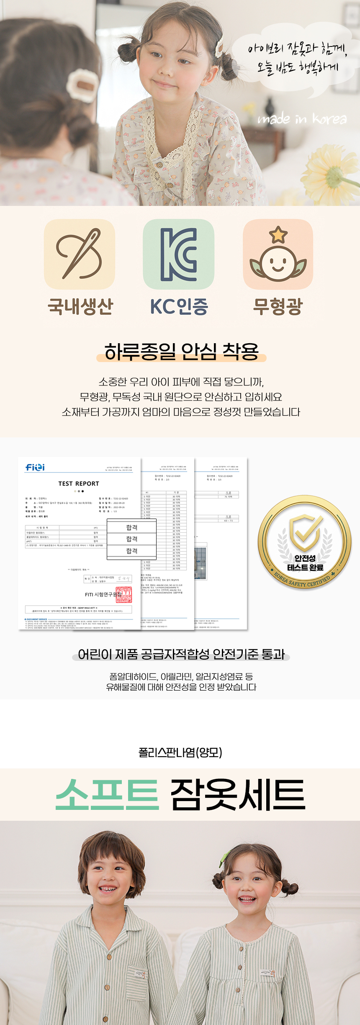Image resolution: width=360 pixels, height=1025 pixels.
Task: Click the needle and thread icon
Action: point(80,254)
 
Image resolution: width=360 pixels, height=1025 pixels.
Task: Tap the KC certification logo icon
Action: point(179,254)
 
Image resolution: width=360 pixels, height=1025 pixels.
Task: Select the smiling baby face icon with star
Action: point(278,254)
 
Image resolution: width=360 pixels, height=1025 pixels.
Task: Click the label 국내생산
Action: point(80,306)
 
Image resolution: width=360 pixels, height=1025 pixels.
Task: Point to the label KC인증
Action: point(179,306)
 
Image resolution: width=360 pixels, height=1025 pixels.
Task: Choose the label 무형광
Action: point(278,306)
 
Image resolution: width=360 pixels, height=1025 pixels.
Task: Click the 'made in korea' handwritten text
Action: point(302,119)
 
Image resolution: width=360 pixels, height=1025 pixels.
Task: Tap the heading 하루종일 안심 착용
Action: point(181,351)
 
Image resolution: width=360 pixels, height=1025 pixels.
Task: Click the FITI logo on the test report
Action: point(35,467)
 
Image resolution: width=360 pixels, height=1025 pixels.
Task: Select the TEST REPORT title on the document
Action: point(79,483)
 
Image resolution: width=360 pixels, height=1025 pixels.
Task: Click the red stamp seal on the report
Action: point(124,594)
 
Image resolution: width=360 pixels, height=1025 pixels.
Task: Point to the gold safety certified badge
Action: point(304,542)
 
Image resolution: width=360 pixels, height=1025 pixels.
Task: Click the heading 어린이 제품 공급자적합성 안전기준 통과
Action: point(181,654)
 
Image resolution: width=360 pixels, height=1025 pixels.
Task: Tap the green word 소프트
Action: point(107,794)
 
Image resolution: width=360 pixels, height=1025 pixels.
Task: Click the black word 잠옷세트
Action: point(238,794)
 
